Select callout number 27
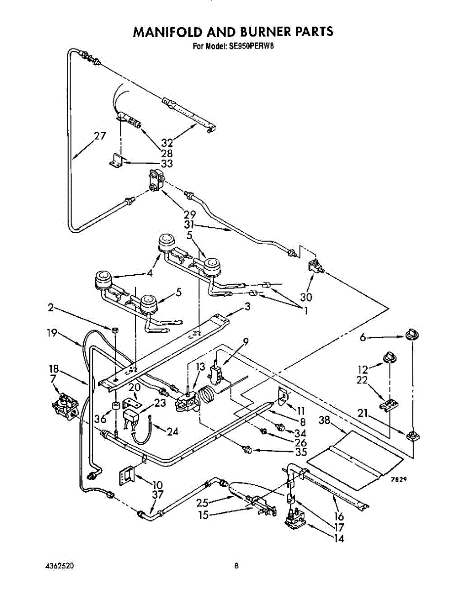pyautogui.click(x=100, y=136)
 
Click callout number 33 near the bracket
pyautogui.click(x=166, y=164)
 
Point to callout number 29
pyautogui.click(x=190, y=214)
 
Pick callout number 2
pyautogui.click(x=51, y=307)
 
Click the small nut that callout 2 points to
pyautogui.click(x=116, y=330)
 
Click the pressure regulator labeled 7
pyautogui.click(x=65, y=407)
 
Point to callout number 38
pyautogui.click(x=325, y=420)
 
